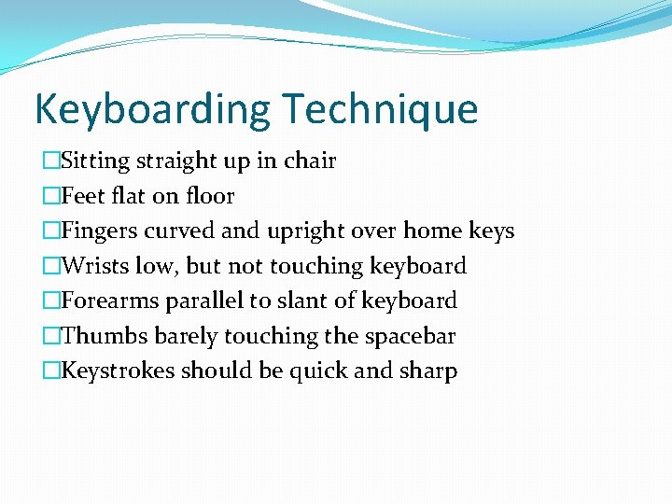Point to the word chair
(309, 161)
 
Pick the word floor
(211, 196)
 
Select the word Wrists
(94, 267)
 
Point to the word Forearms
(109, 301)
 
